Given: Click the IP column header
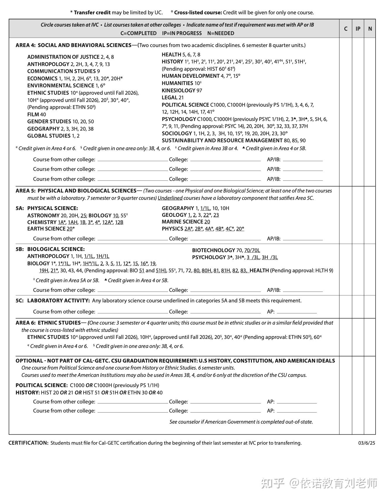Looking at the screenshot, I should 358,29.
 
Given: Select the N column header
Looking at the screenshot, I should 370,29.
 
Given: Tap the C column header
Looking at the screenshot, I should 345,29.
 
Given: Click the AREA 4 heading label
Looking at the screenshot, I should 73,45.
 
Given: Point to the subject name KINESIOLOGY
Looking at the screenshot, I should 178,91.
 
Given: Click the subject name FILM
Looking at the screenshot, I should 33,115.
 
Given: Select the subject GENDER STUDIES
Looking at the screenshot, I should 49,122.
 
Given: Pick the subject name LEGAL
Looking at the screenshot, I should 170,98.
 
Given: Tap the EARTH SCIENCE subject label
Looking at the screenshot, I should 46,229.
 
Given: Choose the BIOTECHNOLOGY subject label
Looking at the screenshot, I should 213,250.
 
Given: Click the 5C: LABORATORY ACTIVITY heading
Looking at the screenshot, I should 53,301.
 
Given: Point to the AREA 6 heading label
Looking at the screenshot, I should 48,323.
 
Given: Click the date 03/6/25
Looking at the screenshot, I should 367,443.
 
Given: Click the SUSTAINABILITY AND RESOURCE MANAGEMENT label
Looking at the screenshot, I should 222,141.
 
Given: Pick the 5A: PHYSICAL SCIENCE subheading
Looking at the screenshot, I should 47,208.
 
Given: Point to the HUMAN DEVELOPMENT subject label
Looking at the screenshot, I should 191,76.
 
